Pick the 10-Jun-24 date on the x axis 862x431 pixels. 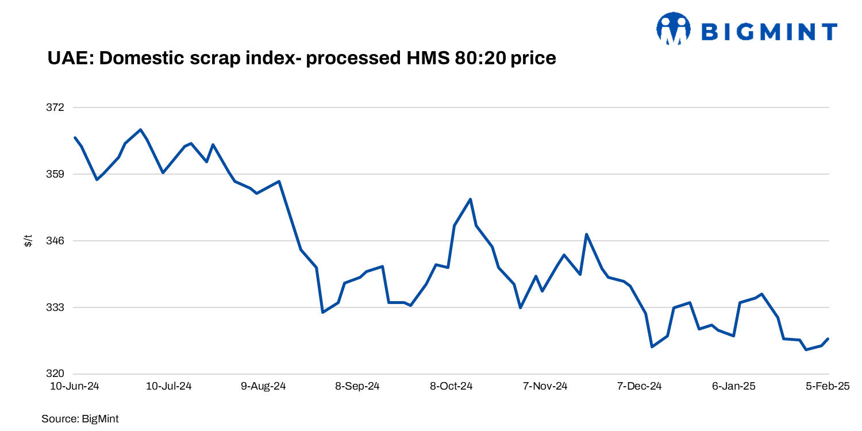point(75,387)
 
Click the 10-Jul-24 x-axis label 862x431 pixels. point(169,387)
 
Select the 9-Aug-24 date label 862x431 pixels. point(263,387)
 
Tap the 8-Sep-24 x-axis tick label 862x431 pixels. point(357,387)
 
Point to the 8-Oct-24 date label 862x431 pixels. point(451,387)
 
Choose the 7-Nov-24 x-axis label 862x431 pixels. point(545,387)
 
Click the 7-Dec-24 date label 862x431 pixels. point(640,387)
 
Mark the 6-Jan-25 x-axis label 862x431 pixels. point(733,387)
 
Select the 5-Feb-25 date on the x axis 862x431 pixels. point(828,387)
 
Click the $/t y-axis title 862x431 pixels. point(28,241)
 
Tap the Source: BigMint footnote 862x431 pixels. point(80,419)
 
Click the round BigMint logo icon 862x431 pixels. point(674,29)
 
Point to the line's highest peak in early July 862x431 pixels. point(141,129)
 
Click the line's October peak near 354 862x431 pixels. point(471,199)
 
